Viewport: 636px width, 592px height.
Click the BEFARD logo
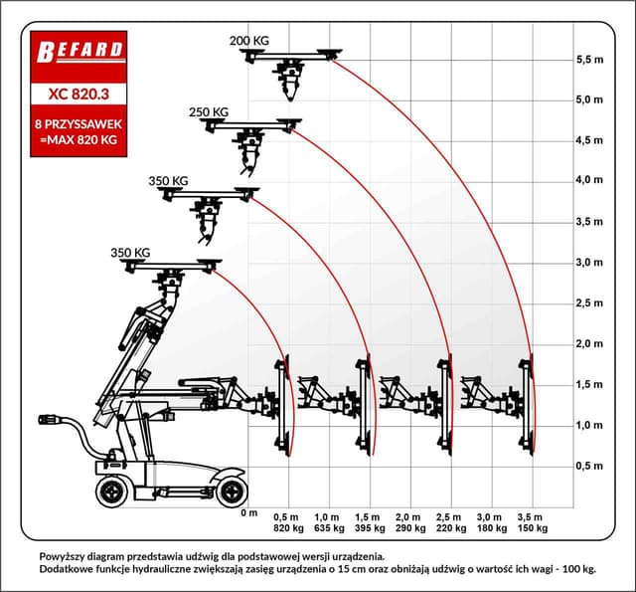point(78,51)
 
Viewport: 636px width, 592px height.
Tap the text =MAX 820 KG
point(78,141)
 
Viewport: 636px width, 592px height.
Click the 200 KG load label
point(248,41)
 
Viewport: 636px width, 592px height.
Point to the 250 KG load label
point(208,112)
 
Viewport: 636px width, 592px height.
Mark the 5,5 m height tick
point(589,60)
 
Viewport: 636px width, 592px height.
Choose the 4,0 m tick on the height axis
point(589,181)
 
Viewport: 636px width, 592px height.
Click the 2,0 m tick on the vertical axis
point(589,343)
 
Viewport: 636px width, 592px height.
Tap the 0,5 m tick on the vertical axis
point(589,466)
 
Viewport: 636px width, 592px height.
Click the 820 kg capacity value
point(287,528)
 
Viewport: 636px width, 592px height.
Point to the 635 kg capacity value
point(328,528)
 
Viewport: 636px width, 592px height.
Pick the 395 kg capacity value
point(369,528)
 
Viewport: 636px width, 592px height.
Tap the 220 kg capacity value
point(450,528)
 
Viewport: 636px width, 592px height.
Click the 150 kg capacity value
point(532,528)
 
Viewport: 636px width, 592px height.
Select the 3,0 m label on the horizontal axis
point(491,517)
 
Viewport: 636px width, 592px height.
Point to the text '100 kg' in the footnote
point(574,569)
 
